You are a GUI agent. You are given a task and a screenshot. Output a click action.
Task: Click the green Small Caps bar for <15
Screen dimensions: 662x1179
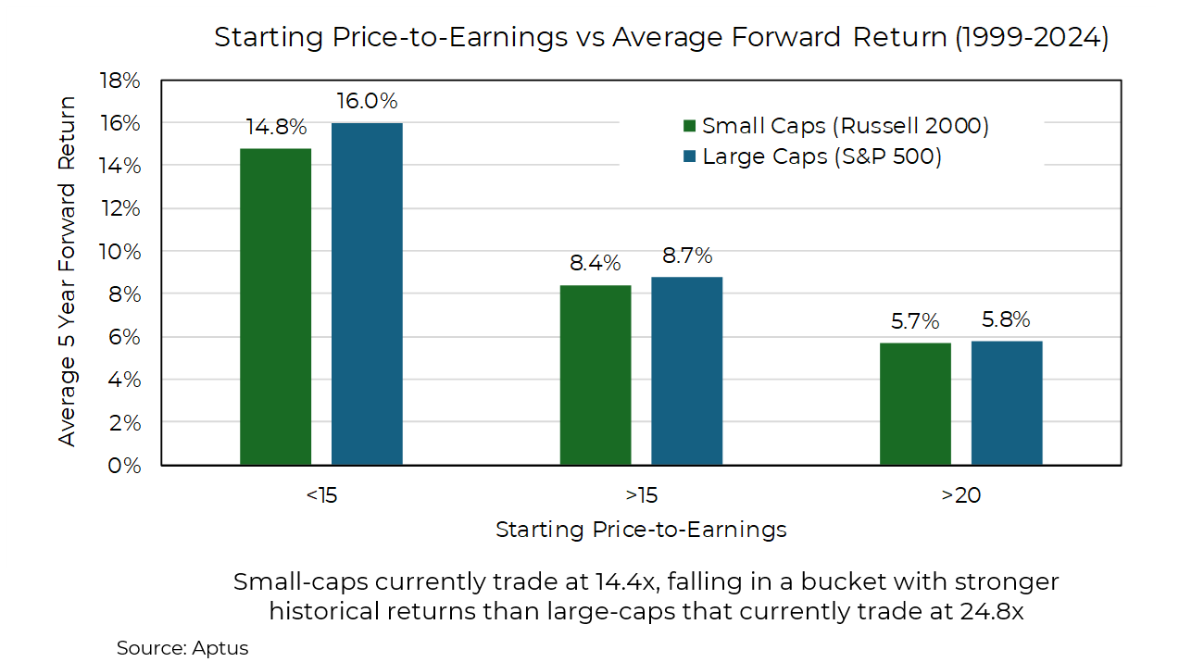click(275, 306)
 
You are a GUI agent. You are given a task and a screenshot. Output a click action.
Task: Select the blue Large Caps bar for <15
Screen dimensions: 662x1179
click(367, 294)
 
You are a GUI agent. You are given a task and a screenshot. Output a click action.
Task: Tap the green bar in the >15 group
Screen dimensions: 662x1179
click(596, 374)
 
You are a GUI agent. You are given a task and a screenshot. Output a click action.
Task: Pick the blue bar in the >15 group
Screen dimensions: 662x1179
click(686, 370)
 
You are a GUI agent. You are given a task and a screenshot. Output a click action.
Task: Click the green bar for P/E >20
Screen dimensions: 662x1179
click(915, 403)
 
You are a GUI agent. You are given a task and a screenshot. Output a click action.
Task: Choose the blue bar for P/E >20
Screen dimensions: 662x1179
click(1007, 402)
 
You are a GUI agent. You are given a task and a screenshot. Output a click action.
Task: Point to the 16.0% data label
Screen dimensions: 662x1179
click(367, 101)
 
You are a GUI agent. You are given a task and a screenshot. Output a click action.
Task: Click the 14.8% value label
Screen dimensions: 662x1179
click(275, 127)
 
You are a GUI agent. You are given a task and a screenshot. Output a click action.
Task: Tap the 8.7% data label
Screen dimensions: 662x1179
click(686, 256)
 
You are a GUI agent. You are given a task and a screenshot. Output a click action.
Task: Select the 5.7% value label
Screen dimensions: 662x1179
click(915, 321)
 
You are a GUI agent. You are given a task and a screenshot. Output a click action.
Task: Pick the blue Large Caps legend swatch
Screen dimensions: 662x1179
click(689, 156)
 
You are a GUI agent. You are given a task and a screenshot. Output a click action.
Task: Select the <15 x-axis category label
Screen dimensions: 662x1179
click(321, 495)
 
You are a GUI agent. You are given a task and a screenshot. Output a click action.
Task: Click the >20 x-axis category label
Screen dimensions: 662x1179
click(961, 495)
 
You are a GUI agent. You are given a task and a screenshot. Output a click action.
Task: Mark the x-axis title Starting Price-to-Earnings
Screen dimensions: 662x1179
click(641, 530)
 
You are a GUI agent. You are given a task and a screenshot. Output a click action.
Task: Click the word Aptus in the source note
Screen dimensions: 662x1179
click(222, 648)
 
